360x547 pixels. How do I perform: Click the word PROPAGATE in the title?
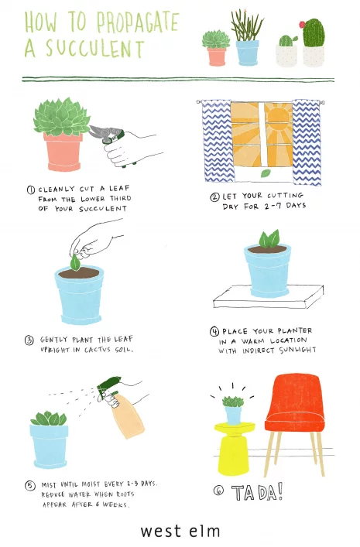[x=138, y=22]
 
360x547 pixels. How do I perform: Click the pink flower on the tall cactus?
[x=302, y=25]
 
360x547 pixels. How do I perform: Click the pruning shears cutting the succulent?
[x=110, y=138]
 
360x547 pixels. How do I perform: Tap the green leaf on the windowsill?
[x=266, y=173]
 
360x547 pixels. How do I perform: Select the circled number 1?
[x=31, y=190]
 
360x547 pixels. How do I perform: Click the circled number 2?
[x=214, y=197]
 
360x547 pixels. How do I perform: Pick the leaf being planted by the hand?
[x=75, y=262]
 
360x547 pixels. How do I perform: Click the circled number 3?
[x=29, y=340]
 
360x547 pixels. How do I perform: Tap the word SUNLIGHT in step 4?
[x=297, y=350]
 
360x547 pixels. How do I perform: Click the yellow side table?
[x=234, y=448]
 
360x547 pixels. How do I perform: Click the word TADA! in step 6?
[x=257, y=492]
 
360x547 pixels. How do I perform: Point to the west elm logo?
[x=180, y=531]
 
